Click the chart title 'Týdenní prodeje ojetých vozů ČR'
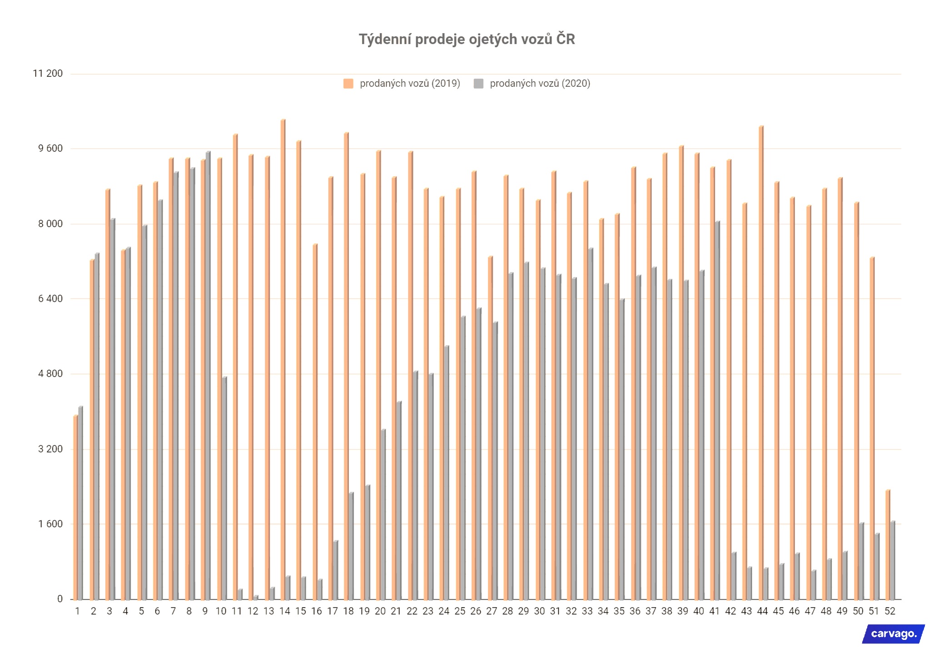[467, 40]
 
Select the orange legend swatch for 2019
[348, 84]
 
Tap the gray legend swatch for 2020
[478, 84]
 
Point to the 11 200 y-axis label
[48, 74]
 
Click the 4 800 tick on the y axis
[50, 374]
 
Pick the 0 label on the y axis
[60, 599]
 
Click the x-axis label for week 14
[284, 611]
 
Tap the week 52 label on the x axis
[889, 611]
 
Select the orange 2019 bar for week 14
[283, 359]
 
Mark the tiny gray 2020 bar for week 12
[256, 597]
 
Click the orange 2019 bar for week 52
[888, 545]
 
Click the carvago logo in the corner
[893, 634]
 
